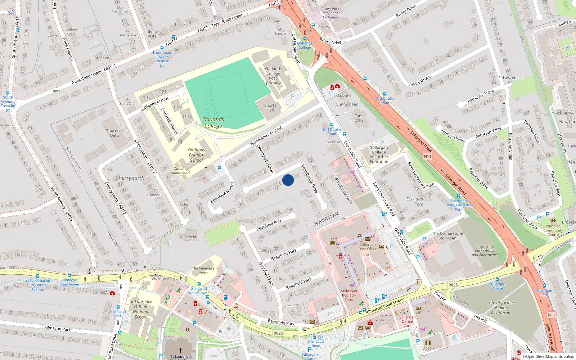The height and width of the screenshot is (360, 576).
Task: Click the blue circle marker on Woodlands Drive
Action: click(x=288, y=180)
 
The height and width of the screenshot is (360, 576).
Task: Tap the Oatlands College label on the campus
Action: click(x=213, y=122)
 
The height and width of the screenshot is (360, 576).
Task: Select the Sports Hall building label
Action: click(x=270, y=108)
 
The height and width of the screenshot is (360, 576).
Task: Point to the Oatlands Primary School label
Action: click(x=196, y=155)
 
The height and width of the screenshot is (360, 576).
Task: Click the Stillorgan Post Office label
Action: click(x=368, y=247)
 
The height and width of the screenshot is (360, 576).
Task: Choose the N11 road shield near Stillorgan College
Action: click(x=427, y=157)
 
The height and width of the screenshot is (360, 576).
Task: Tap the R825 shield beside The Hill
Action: click(x=453, y=285)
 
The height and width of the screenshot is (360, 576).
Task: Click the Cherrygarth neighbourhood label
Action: click(x=130, y=178)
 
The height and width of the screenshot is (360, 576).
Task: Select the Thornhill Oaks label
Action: click(x=114, y=133)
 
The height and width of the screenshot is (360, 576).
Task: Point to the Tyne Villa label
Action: click(x=359, y=118)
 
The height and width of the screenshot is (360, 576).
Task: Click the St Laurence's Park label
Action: click(x=418, y=201)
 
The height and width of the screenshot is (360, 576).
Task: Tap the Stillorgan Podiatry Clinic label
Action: click(x=349, y=295)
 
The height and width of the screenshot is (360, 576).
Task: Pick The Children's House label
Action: click(x=203, y=270)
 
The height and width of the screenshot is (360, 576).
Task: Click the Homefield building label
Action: click(x=187, y=237)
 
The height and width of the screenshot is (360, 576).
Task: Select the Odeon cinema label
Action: click(x=428, y=348)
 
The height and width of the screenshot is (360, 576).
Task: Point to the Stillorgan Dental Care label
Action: click(x=407, y=321)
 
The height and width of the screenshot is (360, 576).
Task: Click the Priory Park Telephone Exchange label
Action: click(x=330, y=13)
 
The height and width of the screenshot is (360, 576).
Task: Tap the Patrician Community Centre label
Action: click(x=553, y=230)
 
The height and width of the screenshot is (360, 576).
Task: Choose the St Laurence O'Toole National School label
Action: click(x=141, y=309)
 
